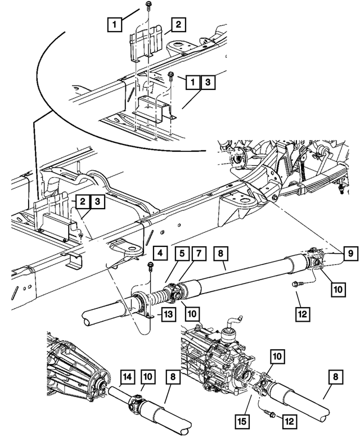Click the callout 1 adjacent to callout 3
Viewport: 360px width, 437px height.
(x=192, y=82)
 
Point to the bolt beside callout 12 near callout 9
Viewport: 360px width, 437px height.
(x=295, y=285)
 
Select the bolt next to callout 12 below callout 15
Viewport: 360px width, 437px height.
(x=269, y=415)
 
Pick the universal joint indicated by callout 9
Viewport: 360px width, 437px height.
(x=314, y=261)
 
